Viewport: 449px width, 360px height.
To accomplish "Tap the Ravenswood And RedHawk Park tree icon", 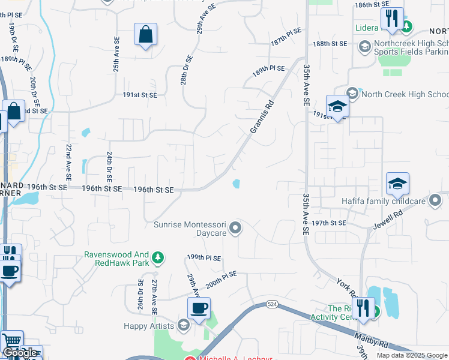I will point(158,258).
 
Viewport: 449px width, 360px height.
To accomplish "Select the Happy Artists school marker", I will point(184,326).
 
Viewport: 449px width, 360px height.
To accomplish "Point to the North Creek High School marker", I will point(352,94).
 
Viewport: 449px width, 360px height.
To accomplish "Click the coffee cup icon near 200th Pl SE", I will point(199,308).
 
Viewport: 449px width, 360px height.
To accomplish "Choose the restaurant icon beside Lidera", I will point(392,19).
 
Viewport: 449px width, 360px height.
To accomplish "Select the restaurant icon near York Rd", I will point(363,309).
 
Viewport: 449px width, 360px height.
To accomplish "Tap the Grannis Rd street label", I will point(262,116).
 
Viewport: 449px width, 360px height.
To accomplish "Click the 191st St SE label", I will point(140,95).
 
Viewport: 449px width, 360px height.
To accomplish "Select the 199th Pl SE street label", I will point(204,257).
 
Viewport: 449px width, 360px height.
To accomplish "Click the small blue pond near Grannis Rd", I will point(237,184).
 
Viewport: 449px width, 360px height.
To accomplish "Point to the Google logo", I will point(20,353).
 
